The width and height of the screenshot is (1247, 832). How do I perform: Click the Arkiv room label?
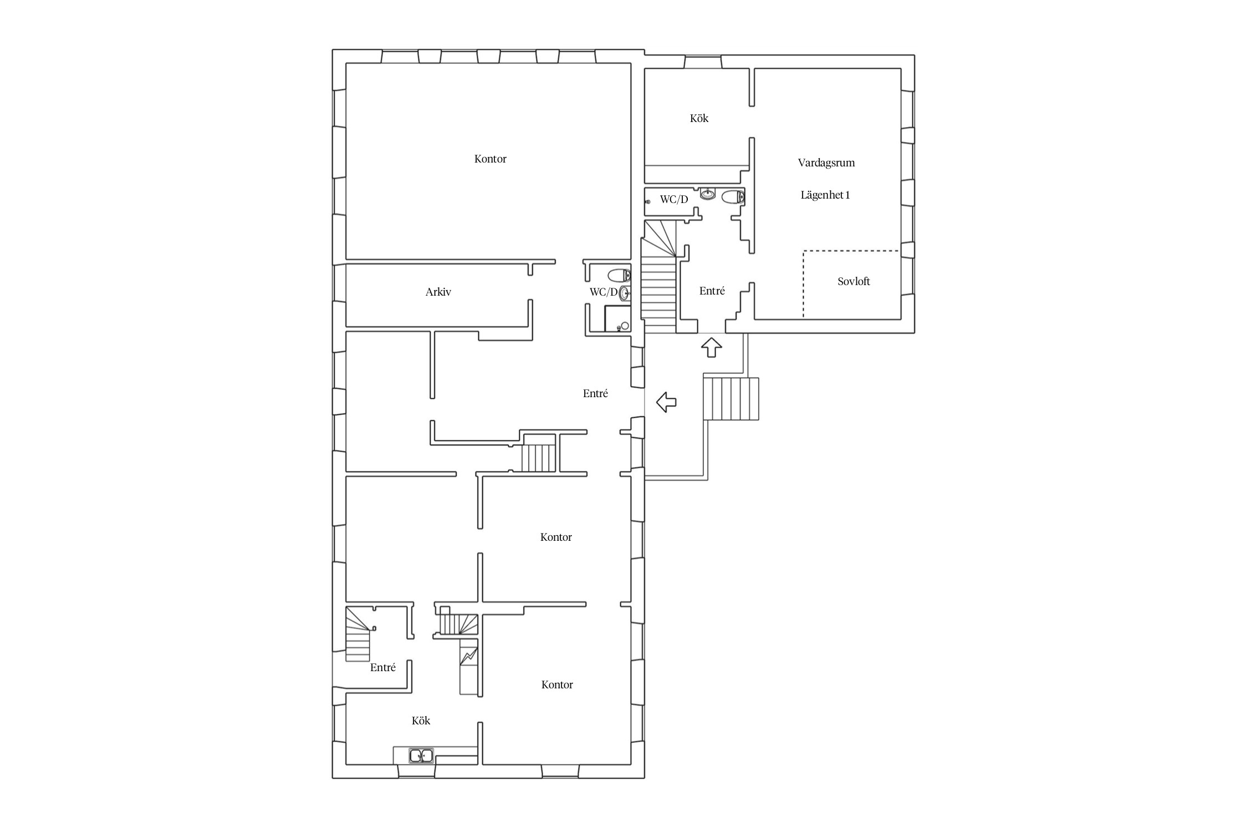[x=438, y=292]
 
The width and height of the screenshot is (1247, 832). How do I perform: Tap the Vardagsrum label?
[x=826, y=163]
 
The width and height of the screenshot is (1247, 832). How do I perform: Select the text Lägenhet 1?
[x=825, y=195]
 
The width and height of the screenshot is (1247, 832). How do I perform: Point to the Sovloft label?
[x=854, y=281]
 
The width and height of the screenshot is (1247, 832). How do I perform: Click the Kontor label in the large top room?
[x=490, y=159]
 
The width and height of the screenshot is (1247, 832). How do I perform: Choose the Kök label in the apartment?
[x=699, y=118]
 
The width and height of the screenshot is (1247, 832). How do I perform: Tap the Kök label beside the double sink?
[x=421, y=721]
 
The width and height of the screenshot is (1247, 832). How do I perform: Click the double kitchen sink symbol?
[x=421, y=756]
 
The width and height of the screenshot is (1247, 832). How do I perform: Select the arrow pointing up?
[x=711, y=348]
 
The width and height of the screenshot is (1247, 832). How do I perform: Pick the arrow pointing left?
[x=666, y=402]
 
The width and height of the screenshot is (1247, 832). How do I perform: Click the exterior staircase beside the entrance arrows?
[x=730, y=399]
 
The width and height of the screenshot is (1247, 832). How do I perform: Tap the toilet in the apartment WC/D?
[x=733, y=196]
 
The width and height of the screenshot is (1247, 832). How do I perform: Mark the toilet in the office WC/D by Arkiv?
[x=619, y=275]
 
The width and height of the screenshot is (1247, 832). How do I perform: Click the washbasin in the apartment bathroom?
[x=708, y=194]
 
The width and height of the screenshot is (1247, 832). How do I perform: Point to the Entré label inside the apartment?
[x=712, y=291]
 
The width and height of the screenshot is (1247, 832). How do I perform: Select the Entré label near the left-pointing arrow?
[x=595, y=393]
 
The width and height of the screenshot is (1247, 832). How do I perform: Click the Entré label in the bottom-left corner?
[x=382, y=667]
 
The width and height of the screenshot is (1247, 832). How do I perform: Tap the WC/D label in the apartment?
[x=673, y=200]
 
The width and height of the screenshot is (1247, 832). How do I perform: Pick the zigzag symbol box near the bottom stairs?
[x=469, y=658]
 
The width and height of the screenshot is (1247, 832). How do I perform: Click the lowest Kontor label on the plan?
[x=556, y=684]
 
